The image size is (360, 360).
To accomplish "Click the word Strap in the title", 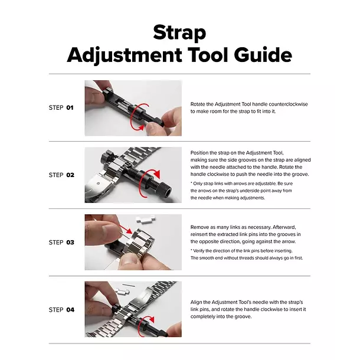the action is tap(179, 33).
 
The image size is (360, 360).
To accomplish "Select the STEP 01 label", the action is tap(61, 107).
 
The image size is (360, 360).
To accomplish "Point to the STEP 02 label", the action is tap(61, 175).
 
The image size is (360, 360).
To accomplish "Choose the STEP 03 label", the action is tap(61, 243).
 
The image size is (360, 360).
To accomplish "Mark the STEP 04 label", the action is tap(61, 310).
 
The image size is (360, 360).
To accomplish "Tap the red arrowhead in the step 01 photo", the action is tap(141, 127).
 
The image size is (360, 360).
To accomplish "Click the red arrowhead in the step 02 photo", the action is tap(157, 174).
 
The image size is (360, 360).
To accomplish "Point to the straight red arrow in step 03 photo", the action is tap(126, 230).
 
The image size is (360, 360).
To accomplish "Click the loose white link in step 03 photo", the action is tap(146, 220).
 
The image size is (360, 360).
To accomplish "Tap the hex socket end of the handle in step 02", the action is tap(167, 190).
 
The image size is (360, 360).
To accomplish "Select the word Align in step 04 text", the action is tap(196, 302).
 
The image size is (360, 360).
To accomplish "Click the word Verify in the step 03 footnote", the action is tap(199, 251).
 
